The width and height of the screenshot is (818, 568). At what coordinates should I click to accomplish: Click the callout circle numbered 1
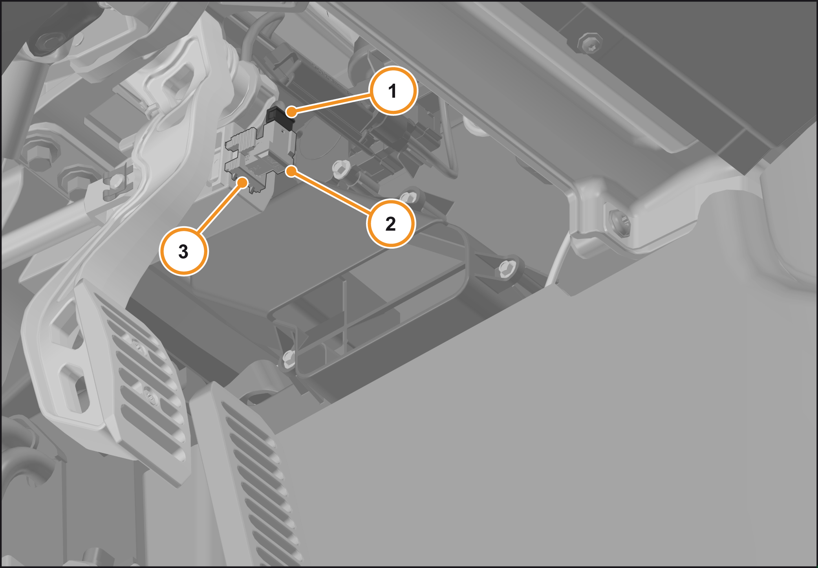click(x=393, y=91)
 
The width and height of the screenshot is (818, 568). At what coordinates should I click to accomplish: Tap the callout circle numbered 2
click(x=391, y=224)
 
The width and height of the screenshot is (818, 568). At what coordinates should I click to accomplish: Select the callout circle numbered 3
click(x=183, y=251)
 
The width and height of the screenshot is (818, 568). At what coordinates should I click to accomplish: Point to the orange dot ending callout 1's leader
click(x=291, y=112)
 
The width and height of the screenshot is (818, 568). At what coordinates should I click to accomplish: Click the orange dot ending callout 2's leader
click(x=291, y=171)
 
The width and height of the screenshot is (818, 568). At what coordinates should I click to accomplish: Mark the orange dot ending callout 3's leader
click(x=243, y=183)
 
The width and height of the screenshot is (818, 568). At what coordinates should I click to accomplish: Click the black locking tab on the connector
click(x=280, y=118)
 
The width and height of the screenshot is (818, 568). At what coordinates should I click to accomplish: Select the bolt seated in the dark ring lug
click(x=408, y=196)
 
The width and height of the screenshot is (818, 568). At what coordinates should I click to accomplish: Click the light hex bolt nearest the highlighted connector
click(x=340, y=168)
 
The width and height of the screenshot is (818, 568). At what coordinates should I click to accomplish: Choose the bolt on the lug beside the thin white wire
click(x=507, y=269)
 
